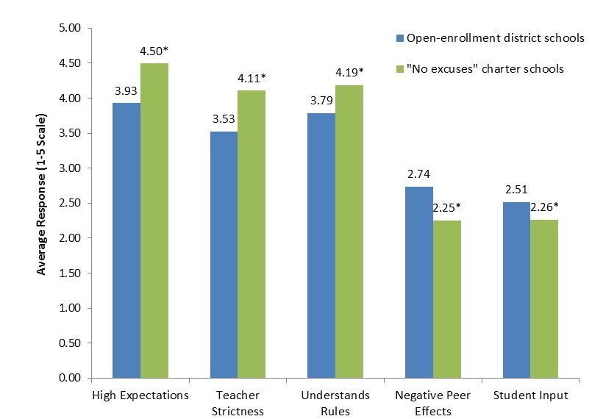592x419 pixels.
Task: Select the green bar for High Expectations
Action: (154, 221)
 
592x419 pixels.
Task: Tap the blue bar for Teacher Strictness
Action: (224, 254)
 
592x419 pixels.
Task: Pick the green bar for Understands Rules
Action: (350, 232)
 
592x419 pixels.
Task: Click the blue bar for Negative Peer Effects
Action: (420, 282)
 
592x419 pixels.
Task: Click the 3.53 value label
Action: (224, 119)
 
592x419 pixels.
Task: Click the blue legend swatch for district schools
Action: (399, 37)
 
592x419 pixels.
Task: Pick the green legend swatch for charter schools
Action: (399, 68)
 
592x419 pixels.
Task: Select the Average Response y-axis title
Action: (42, 195)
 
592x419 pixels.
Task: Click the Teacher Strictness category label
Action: (238, 402)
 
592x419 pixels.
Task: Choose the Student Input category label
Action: (531, 395)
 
